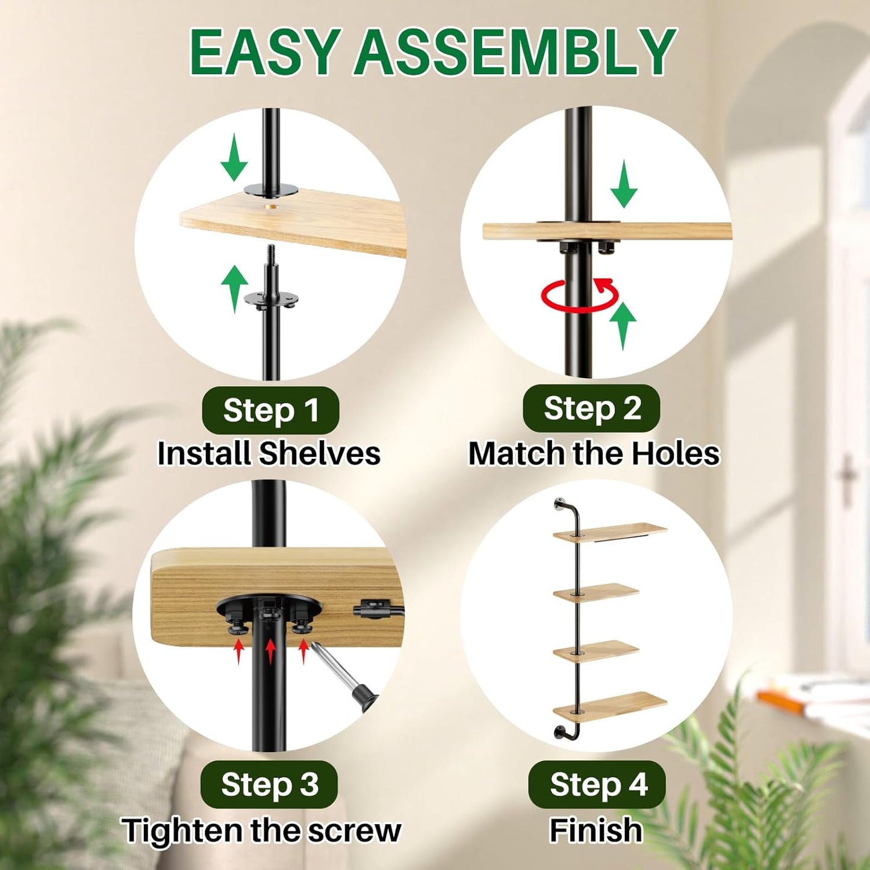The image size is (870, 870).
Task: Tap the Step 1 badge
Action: click(270, 411)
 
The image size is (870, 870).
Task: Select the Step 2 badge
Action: click(592, 408)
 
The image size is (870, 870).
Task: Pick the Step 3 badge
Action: click(270, 785)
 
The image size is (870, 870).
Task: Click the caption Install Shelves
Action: click(269, 454)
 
